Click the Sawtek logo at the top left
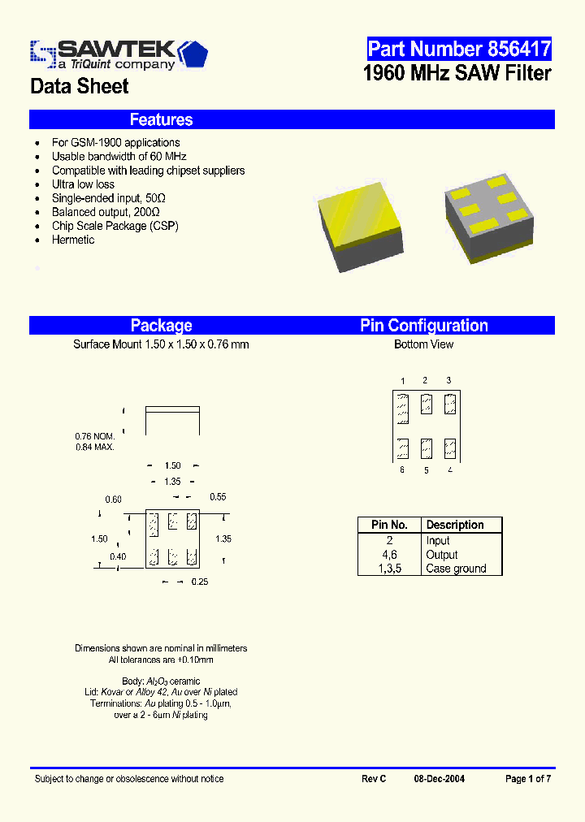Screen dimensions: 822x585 pos(119,54)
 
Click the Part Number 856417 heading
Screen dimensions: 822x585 pos(459,49)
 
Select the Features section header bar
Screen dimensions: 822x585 pos(292,119)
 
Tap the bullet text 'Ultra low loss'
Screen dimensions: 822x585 pos(83,184)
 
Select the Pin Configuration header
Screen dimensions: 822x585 pos(424,326)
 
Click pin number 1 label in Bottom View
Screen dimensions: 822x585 pos(402,381)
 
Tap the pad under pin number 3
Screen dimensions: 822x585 pos(451,404)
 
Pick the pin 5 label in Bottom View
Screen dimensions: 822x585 pos(426,470)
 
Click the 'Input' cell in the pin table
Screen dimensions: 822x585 pos(438,541)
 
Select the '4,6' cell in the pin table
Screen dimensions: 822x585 pos(389,555)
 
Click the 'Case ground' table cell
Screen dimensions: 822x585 pos(456,569)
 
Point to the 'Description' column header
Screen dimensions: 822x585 pos(455,526)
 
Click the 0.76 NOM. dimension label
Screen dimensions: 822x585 pos(94,436)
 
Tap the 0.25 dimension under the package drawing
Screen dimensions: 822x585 pos(199,582)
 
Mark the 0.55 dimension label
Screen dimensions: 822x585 pos(218,496)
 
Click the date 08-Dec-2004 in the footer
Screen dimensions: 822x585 pos(440,779)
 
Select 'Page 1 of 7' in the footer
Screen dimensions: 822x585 pos(528,779)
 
